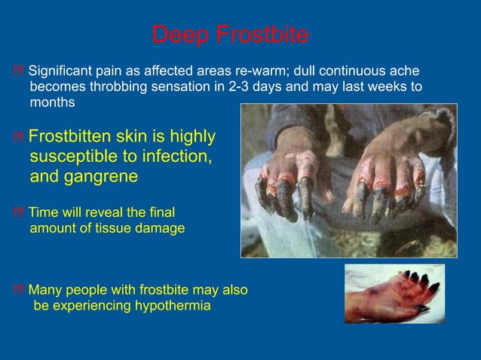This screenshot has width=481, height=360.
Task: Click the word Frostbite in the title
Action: pyautogui.click(x=262, y=35)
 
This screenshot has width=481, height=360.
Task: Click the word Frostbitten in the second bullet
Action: pyautogui.click(x=69, y=136)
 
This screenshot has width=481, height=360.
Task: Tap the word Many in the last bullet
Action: pyautogui.click(x=44, y=289)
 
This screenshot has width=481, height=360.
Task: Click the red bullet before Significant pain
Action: pyautogui.click(x=19, y=72)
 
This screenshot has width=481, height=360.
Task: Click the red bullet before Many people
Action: pyautogui.click(x=19, y=290)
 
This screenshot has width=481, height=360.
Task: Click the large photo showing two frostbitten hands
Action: pyautogui.click(x=348, y=181)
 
